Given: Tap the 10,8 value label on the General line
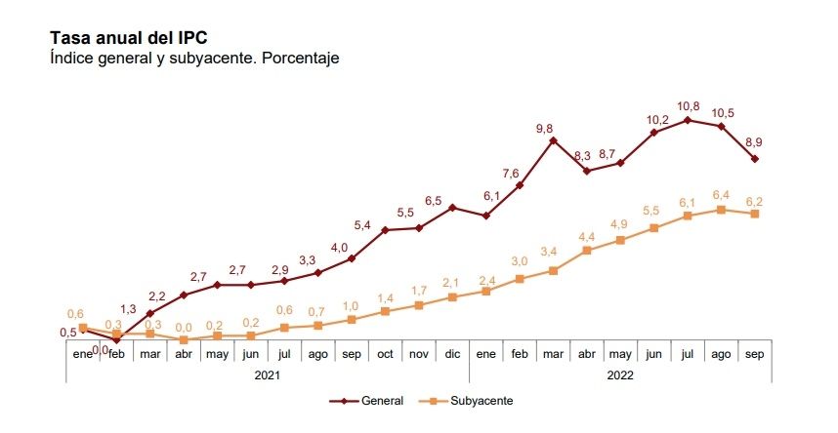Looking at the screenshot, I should [688, 105].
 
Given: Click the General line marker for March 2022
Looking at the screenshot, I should [553, 140].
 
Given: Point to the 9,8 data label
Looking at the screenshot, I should [544, 128].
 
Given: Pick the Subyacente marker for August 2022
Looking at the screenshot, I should [721, 210].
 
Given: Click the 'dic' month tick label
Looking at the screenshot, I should [452, 353].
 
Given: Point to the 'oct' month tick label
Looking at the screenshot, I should [385, 353].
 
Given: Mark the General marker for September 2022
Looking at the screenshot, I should [755, 159].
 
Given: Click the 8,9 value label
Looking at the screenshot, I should [754, 142].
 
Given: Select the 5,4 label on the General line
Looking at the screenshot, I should [362, 226].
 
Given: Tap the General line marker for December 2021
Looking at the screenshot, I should [452, 207].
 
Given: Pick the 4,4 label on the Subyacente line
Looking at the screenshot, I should [587, 237].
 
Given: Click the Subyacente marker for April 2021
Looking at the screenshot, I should [184, 340].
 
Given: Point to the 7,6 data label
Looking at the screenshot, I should [511, 174].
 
